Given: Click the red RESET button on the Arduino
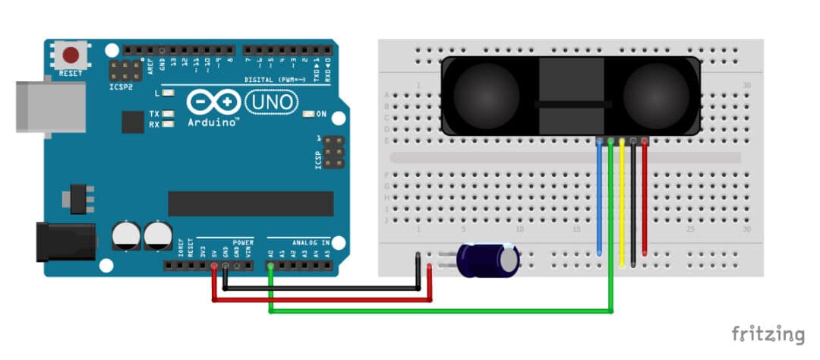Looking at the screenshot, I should pos(72,55).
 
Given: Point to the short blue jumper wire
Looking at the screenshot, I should pos(601,197).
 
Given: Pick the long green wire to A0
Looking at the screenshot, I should pos(440,311).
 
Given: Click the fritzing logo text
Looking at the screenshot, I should pos(768,333).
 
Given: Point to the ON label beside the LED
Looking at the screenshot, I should pos(321,114).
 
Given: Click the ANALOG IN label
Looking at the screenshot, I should pos(310,243).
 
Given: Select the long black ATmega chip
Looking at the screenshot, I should pos(251,204).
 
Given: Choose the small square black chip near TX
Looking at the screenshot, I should pos(133,122).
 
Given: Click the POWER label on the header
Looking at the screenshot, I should pos(243,243).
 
